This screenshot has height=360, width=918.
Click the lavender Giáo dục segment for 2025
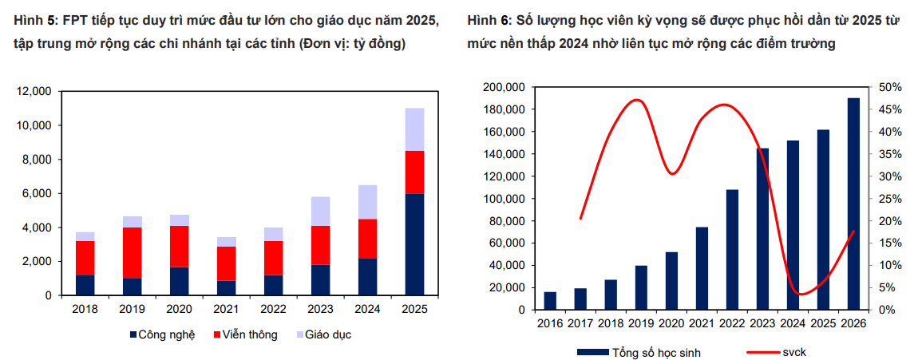pos(414,129)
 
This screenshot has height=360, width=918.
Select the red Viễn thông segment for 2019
pos(133,252)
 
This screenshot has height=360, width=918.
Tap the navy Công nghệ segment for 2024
pos(367,276)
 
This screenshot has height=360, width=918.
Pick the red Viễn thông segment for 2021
pos(227,263)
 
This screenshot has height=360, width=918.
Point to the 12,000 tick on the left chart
pos(34,92)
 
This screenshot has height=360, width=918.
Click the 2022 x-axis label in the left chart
pos(273,307)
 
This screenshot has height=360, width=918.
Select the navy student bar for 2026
pos(853,204)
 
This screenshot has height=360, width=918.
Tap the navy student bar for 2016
pos(550,301)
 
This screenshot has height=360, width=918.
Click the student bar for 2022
pos(732,249)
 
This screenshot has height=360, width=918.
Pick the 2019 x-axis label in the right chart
pos(641,322)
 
